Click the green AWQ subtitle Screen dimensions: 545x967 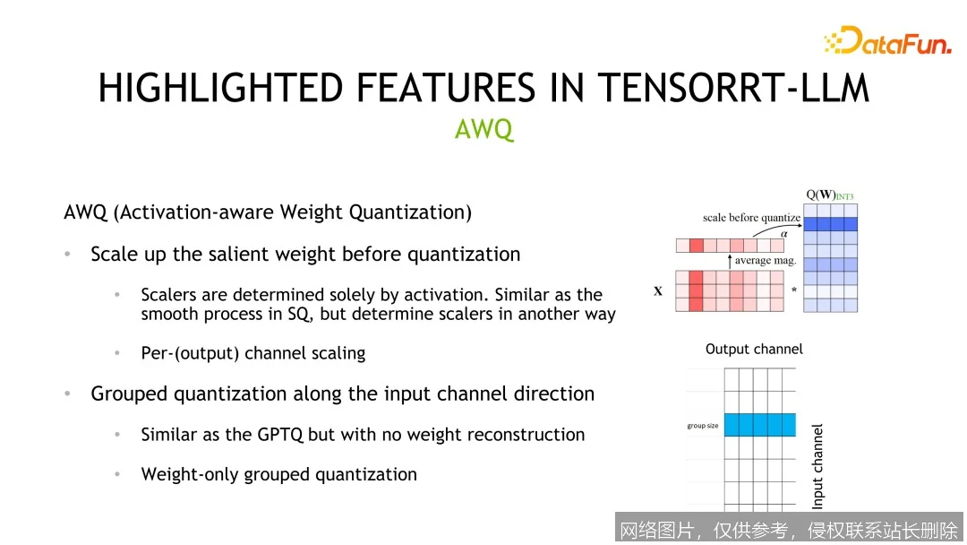(x=483, y=130)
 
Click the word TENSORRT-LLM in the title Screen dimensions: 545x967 (x=732, y=88)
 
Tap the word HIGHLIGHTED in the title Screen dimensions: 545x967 (x=220, y=88)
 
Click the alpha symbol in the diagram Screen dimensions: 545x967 (x=784, y=233)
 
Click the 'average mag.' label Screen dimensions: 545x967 (x=765, y=261)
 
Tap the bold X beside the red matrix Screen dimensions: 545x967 (x=658, y=291)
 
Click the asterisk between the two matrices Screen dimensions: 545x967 (x=793, y=291)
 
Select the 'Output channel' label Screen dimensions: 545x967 (x=754, y=349)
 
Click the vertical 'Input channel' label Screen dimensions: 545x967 (x=817, y=466)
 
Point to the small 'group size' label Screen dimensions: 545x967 (x=703, y=426)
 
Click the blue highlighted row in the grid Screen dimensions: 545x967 (x=759, y=425)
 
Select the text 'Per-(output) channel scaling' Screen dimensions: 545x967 (x=253, y=353)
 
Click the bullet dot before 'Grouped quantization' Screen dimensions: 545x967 (x=67, y=394)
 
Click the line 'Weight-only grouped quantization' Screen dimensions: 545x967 (x=278, y=475)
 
